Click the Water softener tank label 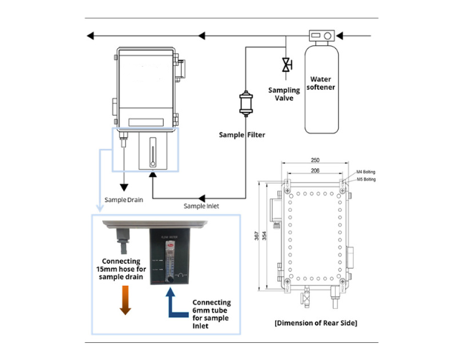[322, 83]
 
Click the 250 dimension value [315, 159]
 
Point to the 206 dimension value [315, 170]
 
